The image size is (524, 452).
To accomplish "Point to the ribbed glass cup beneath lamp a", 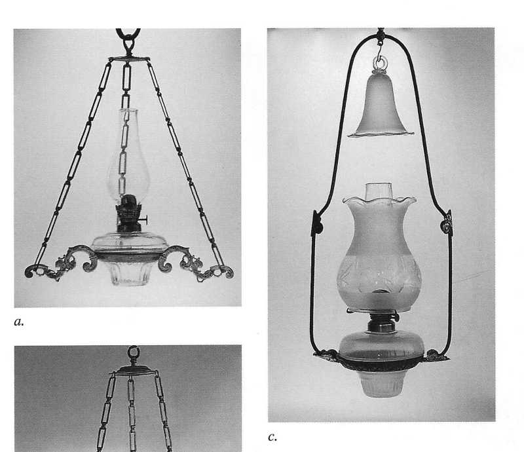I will [127, 271].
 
